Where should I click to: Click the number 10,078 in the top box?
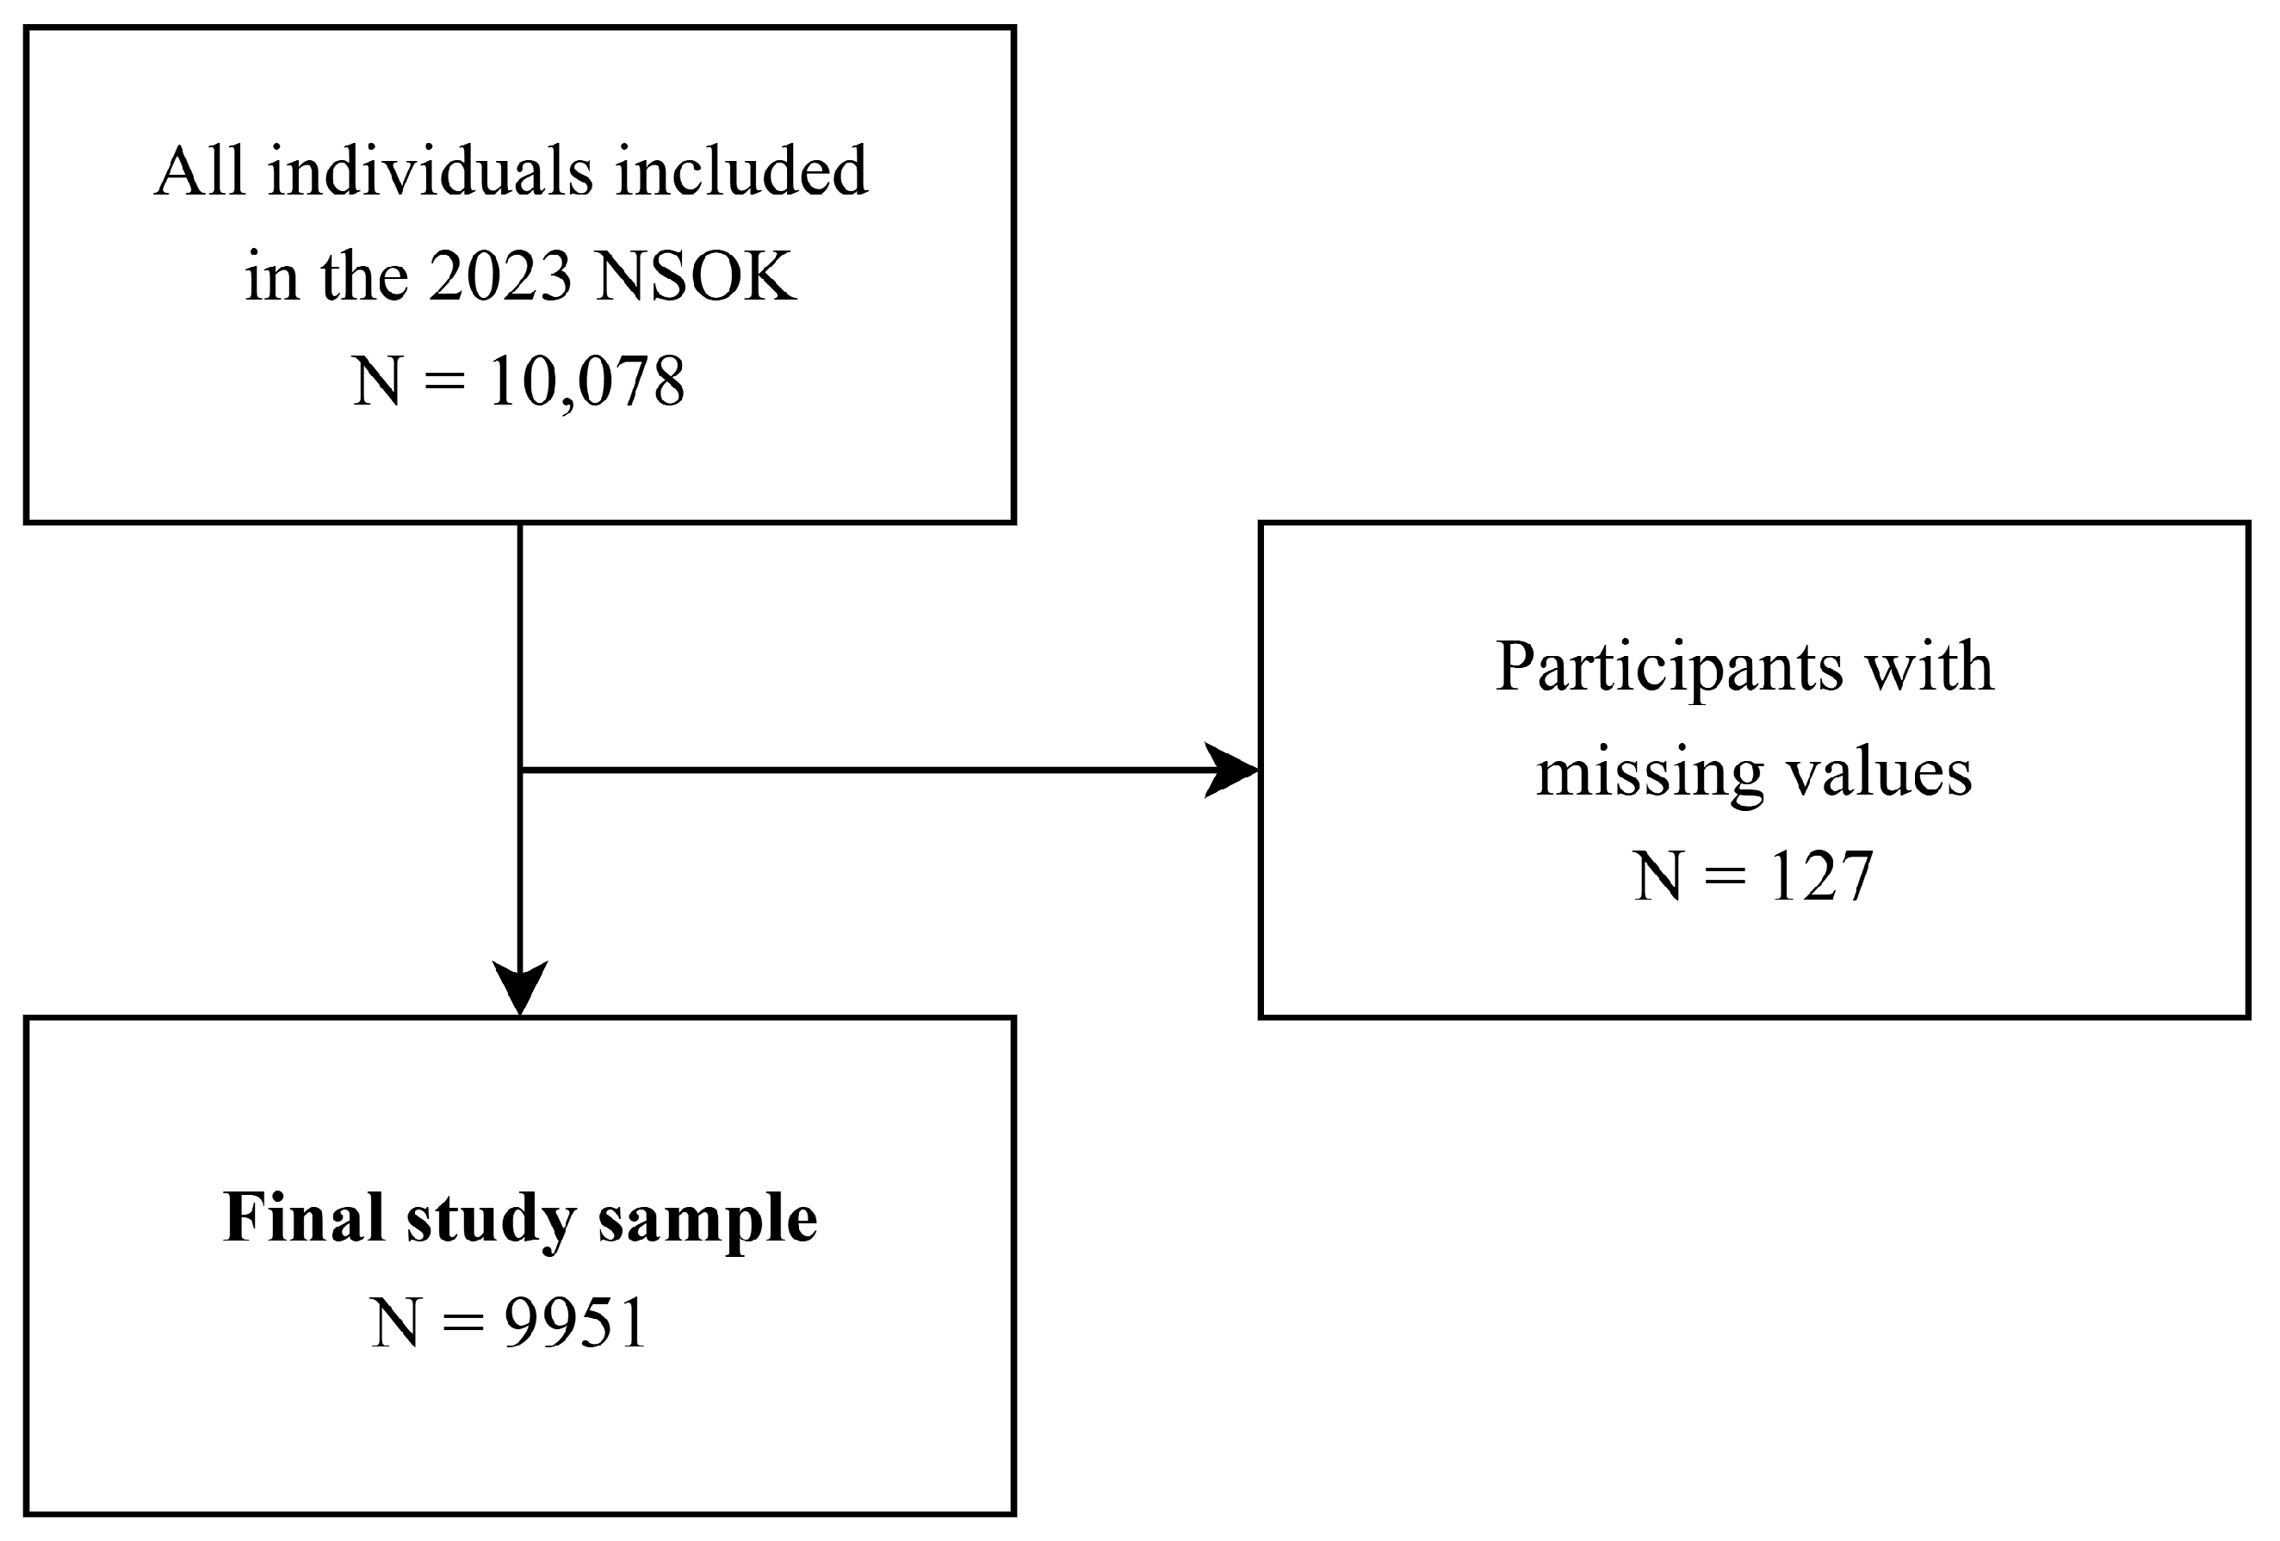click(x=585, y=381)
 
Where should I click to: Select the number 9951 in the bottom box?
click(x=576, y=1323)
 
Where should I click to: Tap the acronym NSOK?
click(x=696, y=277)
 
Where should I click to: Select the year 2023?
click(x=500, y=277)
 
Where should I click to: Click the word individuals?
click(x=430, y=173)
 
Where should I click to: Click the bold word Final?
click(x=303, y=1218)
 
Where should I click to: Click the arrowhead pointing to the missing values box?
click(x=1232, y=770)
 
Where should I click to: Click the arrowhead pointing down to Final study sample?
click(x=519, y=989)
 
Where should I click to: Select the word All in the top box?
click(x=199, y=173)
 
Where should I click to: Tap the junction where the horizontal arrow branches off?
click(x=520, y=770)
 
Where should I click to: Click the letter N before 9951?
click(x=395, y=1324)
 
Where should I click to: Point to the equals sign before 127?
click(x=1725, y=877)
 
